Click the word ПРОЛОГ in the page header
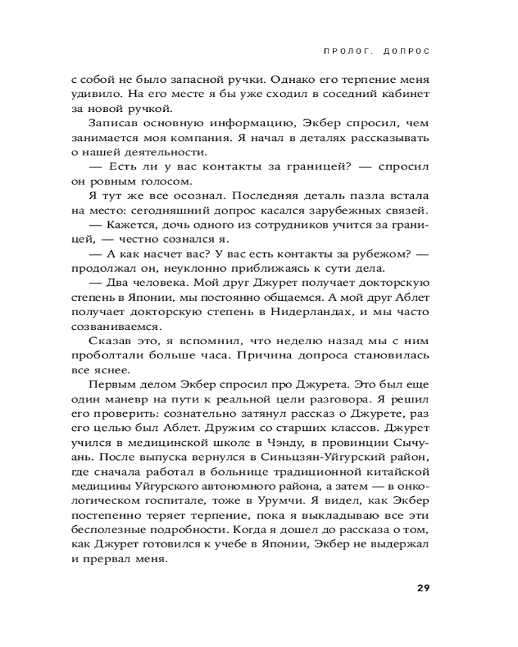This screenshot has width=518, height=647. coord(348,50)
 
